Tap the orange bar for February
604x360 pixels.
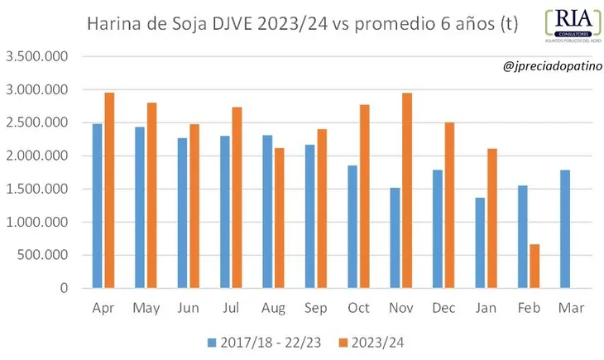(534, 266)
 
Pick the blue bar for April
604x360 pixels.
(98, 206)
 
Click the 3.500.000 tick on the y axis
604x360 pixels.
(37, 56)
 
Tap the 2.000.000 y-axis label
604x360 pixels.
(37, 156)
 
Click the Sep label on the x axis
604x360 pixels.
(316, 308)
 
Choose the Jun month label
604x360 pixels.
(188, 308)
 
